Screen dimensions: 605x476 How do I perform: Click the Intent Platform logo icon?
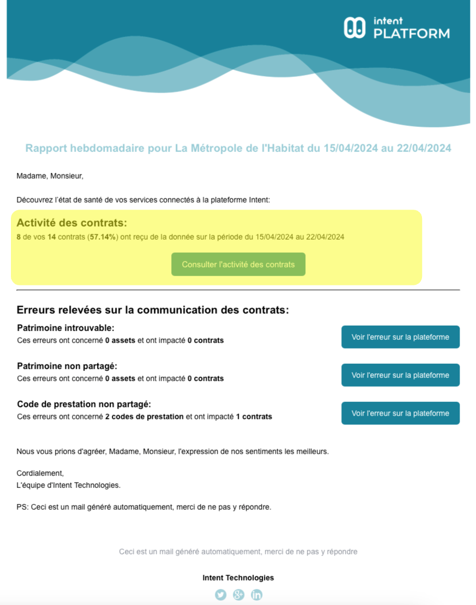(354, 28)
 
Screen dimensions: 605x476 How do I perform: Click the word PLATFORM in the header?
(412, 34)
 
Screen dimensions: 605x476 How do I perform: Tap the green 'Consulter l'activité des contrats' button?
(238, 265)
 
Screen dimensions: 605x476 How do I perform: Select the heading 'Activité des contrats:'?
(71, 223)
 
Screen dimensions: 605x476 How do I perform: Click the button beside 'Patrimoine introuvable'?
(400, 337)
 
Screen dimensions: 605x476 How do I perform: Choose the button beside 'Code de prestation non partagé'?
(400, 413)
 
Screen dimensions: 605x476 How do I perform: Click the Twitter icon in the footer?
(220, 595)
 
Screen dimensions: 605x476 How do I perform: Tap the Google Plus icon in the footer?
(238, 595)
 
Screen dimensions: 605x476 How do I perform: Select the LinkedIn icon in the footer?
(256, 595)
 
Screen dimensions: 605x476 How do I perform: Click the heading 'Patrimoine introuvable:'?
(65, 328)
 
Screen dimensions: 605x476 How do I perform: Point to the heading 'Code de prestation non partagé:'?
(84, 405)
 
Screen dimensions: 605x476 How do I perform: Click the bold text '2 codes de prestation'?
(144, 417)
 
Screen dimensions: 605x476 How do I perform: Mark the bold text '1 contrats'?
(254, 417)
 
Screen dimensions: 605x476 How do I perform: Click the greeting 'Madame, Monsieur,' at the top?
(50, 176)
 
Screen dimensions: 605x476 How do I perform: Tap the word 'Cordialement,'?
(40, 473)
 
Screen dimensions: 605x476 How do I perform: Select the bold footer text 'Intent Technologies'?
(238, 578)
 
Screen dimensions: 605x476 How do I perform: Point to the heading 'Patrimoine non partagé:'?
(67, 366)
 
